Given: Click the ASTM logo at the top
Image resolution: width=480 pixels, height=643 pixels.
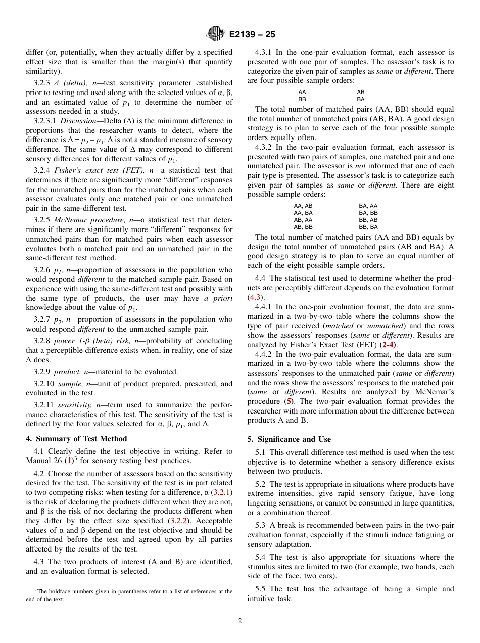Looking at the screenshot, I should click(216, 34).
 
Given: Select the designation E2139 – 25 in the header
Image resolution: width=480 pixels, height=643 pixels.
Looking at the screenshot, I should click(252, 35).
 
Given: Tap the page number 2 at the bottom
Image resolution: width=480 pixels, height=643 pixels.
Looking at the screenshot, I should click(240, 621).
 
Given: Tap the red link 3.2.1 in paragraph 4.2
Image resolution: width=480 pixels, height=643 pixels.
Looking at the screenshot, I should click(221, 492).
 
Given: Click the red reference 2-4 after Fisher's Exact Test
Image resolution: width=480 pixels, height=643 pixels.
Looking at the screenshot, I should click(388, 345).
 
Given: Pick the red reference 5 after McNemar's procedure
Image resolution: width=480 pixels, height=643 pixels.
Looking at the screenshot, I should click(289, 401).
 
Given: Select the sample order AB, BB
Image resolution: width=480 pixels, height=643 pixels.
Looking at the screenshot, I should click(303, 227).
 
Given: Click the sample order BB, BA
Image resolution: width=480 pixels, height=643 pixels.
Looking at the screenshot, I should click(368, 227).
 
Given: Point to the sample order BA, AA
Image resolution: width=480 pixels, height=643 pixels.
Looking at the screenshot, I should click(368, 206).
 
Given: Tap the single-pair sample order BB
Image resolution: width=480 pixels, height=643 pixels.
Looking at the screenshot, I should click(302, 100).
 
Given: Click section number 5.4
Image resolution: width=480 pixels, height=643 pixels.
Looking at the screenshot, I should click(261, 557).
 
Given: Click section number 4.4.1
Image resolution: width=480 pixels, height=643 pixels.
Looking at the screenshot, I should click(264, 307).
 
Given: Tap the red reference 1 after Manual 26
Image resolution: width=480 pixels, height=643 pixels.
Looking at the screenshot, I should click(69, 461).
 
